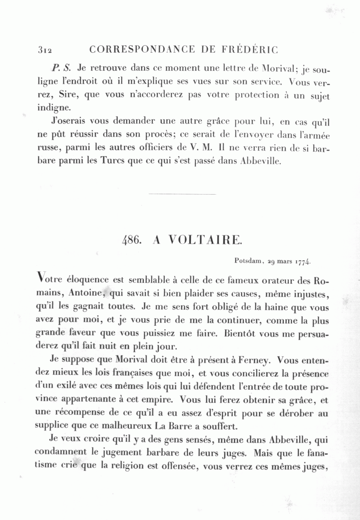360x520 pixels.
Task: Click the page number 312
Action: coord(45,50)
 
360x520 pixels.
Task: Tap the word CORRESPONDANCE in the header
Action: coord(142,50)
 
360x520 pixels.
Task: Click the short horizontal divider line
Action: coord(182,195)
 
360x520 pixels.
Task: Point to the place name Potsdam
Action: coord(248,262)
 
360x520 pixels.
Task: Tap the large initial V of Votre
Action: coord(40,277)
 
